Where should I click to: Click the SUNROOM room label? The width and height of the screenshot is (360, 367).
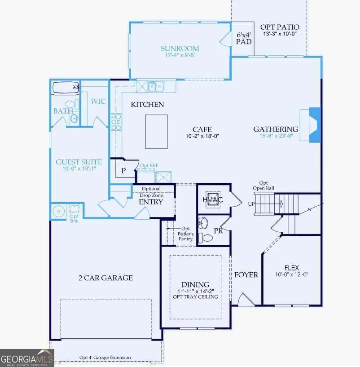click(180, 49)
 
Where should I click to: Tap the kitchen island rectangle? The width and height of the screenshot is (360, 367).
click(156, 131)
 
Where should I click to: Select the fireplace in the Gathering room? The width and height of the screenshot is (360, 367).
click(315, 125)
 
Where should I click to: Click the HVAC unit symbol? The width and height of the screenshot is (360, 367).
click(213, 199)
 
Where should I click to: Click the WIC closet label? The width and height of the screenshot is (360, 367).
click(98, 101)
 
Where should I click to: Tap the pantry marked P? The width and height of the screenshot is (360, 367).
click(123, 171)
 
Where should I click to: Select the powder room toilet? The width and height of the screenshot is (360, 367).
click(206, 237)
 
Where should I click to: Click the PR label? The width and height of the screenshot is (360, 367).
click(219, 231)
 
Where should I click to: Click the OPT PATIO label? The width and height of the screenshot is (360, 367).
click(280, 27)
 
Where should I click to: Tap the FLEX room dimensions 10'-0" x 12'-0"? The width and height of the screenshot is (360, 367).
click(291, 274)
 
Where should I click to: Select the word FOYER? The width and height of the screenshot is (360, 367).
click(246, 274)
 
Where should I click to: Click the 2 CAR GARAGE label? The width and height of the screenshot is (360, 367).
click(105, 278)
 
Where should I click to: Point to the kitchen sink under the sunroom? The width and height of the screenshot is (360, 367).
click(156, 85)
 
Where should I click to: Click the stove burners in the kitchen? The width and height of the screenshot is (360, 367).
click(116, 121)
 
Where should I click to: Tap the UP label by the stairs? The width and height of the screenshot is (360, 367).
click(251, 203)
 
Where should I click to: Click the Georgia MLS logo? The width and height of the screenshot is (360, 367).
click(27, 358)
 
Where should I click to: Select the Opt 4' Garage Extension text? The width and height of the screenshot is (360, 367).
click(105, 358)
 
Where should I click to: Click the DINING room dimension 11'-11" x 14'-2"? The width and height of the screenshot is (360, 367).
click(195, 291)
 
